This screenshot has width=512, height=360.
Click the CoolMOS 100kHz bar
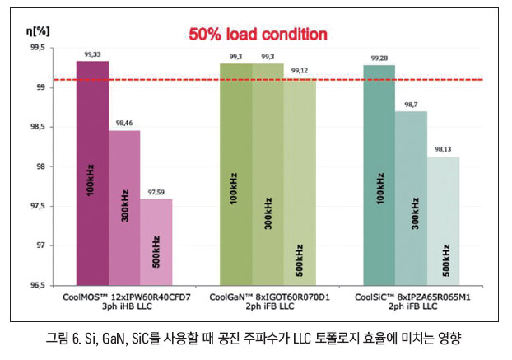[x=92, y=173]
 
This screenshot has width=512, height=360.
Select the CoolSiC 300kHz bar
[x=411, y=198]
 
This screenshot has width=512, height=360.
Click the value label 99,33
[x=92, y=54]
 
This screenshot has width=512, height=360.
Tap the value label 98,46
[x=124, y=124]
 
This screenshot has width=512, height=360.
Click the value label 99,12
[x=300, y=72]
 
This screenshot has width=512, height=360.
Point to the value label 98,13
[x=444, y=150]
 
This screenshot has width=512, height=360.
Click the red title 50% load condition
[x=257, y=35]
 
